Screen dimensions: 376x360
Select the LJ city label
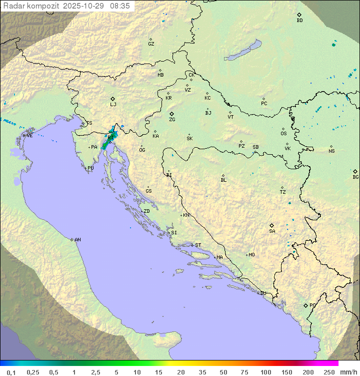click(113, 105)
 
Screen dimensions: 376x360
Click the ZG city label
click(172, 120)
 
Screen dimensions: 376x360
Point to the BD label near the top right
click(299, 21)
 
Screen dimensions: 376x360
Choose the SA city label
click(272, 231)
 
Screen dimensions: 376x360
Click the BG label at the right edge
click(355, 177)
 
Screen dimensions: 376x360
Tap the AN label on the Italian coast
click(77, 240)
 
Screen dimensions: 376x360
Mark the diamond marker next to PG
click(305, 305)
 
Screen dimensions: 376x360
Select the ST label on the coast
click(198, 245)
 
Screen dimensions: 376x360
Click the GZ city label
click(151, 44)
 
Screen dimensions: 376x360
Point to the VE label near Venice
click(29, 135)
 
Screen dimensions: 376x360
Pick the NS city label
click(331, 151)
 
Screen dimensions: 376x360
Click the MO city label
click(251, 254)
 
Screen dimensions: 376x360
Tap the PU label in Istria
click(90, 168)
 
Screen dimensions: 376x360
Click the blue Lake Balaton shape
click(243, 50)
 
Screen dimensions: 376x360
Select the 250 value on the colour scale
click(328, 372)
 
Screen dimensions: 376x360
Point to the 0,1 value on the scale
click(11, 372)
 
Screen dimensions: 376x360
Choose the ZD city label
click(146, 211)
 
